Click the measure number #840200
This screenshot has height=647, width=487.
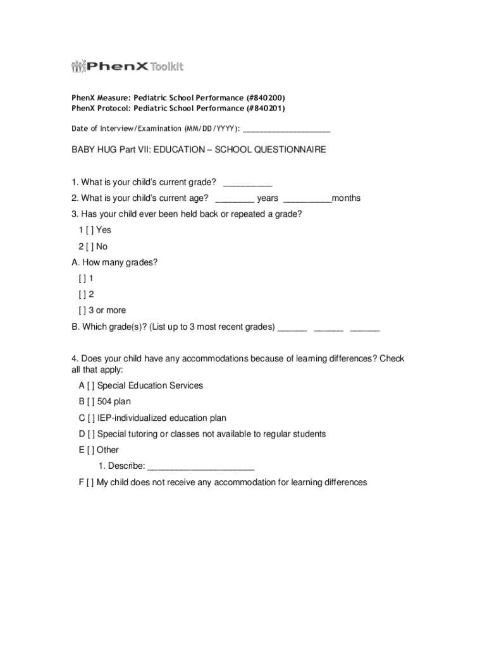(x=265, y=98)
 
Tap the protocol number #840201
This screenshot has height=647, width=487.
(x=265, y=109)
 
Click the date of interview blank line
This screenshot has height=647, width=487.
(x=286, y=130)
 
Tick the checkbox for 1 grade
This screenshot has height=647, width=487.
(x=83, y=279)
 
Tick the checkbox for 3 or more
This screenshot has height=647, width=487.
(x=83, y=311)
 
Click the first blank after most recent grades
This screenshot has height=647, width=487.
(x=292, y=328)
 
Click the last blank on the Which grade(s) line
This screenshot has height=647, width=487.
(x=365, y=328)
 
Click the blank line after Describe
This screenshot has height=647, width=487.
(x=200, y=468)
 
